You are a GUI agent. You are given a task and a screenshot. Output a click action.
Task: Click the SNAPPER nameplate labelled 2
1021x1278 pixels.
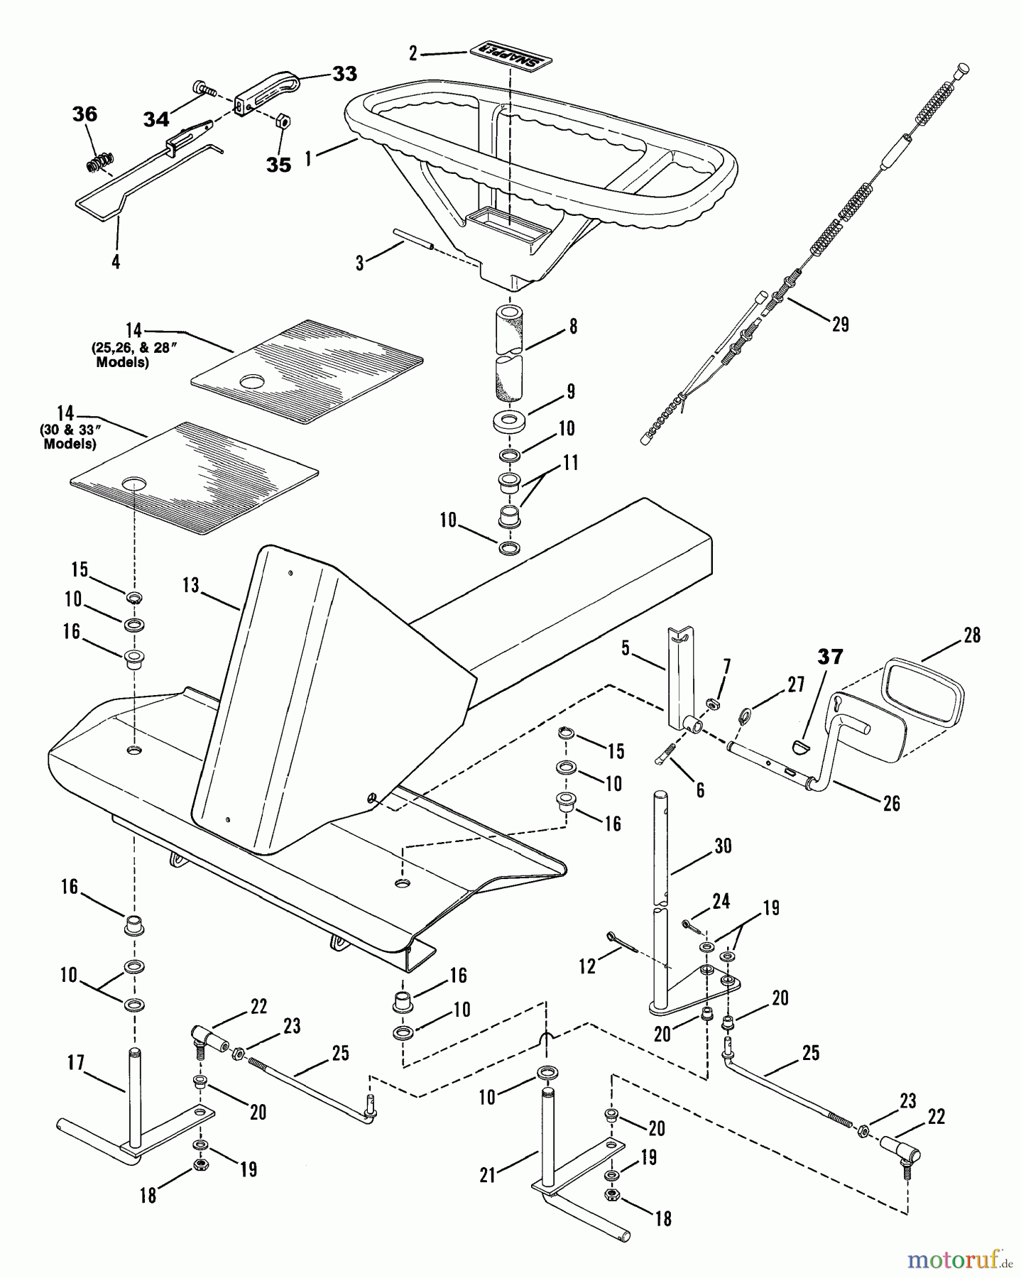coord(510,57)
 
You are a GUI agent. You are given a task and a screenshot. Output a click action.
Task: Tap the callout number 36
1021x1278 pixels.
coord(85,114)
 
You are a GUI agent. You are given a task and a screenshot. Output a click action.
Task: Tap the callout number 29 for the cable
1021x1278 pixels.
coord(840,324)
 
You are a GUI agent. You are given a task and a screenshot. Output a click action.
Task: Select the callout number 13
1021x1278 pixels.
coord(190,585)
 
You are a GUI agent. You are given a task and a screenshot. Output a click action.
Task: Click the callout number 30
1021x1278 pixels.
coord(724,846)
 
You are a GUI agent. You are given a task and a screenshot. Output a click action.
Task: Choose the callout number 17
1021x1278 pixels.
coord(76,1063)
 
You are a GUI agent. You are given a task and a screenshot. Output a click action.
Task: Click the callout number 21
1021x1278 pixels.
coord(487,1175)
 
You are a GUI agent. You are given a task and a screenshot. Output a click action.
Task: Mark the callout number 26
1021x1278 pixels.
coord(891,803)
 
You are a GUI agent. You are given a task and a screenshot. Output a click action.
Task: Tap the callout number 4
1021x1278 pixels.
coord(116,262)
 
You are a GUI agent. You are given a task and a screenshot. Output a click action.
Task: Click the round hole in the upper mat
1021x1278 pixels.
coord(250,382)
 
